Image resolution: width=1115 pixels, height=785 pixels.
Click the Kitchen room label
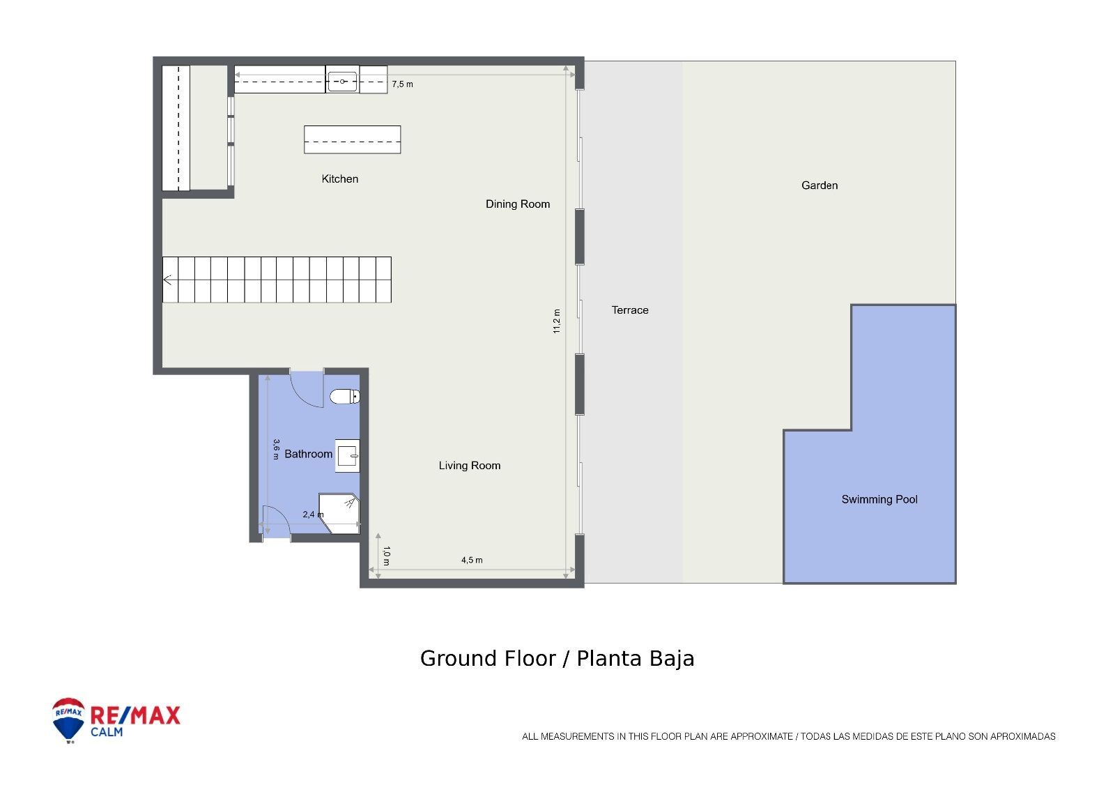pos(340,179)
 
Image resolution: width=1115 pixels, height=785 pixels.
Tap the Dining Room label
pos(518,204)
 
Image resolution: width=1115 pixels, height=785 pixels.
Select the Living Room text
pos(469,466)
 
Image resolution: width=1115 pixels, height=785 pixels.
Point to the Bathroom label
pos(308,454)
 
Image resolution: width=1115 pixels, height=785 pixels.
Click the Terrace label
pos(630,310)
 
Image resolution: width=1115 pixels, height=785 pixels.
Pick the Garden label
pos(820,185)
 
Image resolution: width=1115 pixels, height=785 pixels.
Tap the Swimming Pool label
pos(879,499)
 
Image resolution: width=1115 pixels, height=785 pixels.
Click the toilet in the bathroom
pos(345,397)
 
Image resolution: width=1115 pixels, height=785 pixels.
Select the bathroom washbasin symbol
pos(348,457)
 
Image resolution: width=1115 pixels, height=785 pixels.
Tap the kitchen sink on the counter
pos(342,82)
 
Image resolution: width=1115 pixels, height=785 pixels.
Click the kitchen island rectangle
pos(352,139)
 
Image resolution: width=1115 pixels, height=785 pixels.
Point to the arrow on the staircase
pos(168,280)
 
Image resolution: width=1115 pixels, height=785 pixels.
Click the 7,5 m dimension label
pos(402,84)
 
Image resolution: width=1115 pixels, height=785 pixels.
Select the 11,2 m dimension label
pos(556,321)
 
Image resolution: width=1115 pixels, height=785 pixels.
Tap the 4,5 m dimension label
pos(472,560)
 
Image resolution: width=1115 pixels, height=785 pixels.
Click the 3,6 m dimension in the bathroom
pos(276,448)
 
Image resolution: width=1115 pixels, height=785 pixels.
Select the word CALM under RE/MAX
pos(107,732)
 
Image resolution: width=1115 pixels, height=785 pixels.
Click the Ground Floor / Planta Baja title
pos(557,659)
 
